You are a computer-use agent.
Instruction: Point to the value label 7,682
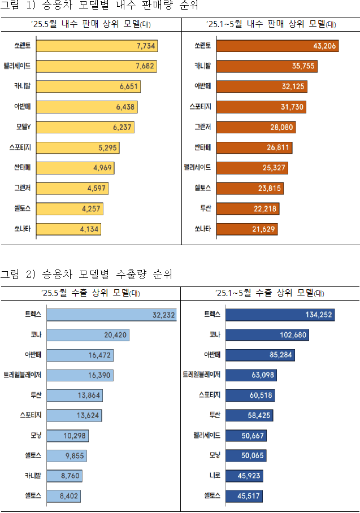pos(146,66)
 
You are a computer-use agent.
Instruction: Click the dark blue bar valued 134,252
pos(280,315)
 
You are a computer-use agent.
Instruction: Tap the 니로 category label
pos(212,476)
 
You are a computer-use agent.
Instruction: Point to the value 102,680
pos(293,335)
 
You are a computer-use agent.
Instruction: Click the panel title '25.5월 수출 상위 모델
pos(90,293)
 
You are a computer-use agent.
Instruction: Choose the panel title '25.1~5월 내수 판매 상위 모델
pos(271,24)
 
